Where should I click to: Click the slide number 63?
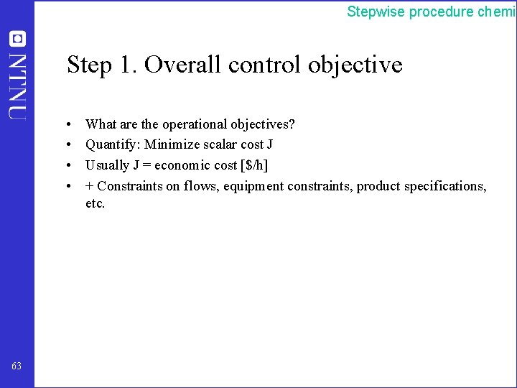point(17,366)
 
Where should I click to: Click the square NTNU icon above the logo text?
point(17,38)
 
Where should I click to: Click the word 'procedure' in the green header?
point(442,11)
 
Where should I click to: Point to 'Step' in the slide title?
point(90,65)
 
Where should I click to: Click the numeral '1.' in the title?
point(127,65)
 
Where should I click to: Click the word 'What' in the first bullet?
point(99,124)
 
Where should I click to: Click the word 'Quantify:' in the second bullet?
point(113,145)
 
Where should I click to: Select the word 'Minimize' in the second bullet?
point(169,144)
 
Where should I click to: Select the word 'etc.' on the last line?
point(96,203)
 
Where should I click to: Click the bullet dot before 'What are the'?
point(66,125)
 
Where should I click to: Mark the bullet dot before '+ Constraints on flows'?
point(66,186)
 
